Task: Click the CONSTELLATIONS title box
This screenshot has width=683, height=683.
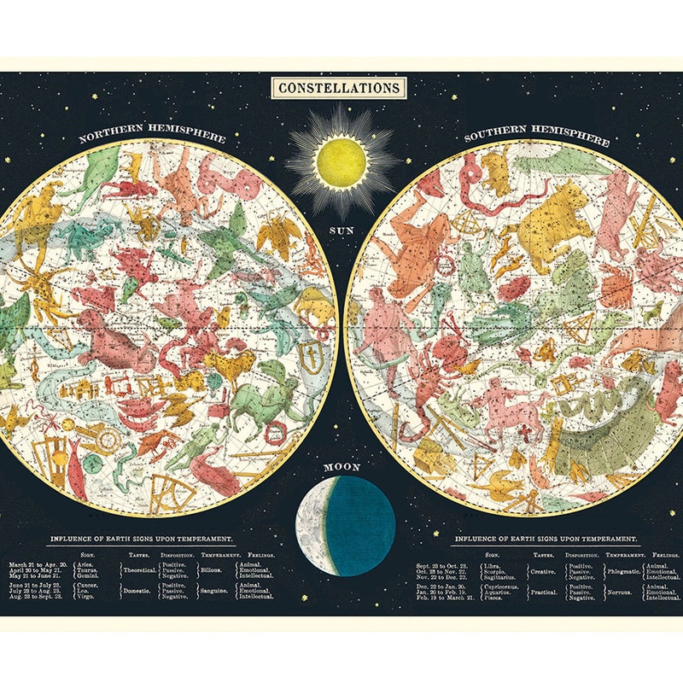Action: pyautogui.click(x=338, y=88)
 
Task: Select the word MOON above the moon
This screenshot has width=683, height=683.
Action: pyautogui.click(x=341, y=468)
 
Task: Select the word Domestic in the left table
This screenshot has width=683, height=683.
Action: pyautogui.click(x=137, y=590)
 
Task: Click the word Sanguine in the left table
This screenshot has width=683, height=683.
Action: pyautogui.click(x=214, y=590)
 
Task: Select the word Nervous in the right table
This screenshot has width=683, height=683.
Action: pyautogui.click(x=619, y=592)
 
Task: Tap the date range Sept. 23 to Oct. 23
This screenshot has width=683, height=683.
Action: pyautogui.click(x=441, y=566)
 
